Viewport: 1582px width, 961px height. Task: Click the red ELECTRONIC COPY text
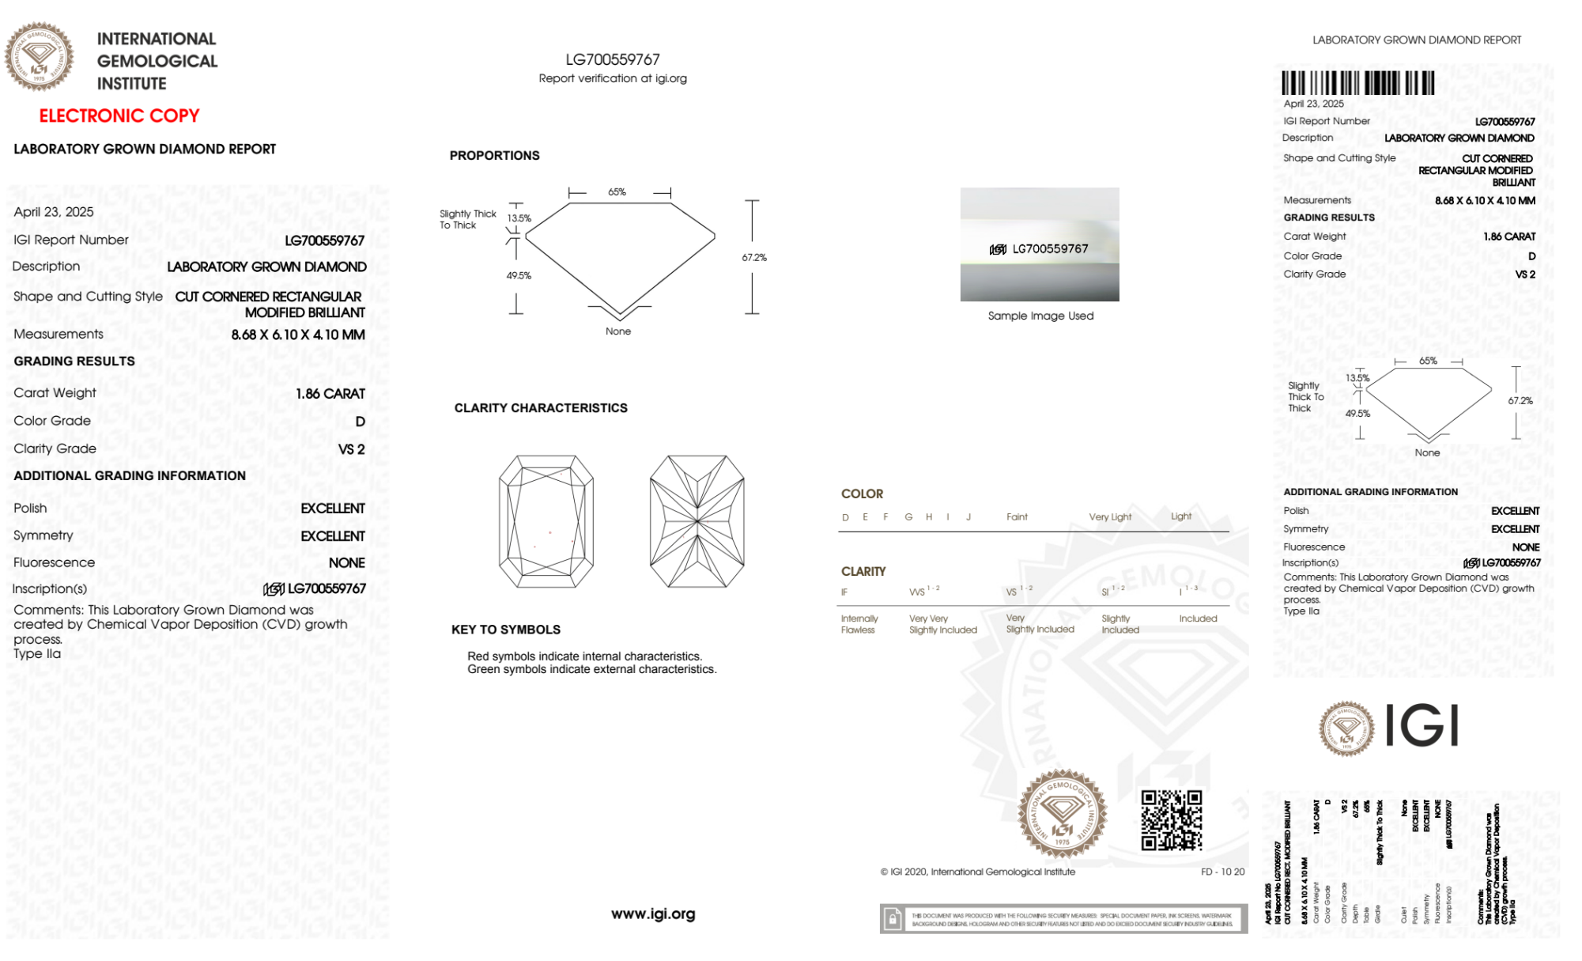119,116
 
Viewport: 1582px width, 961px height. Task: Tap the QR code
1171,820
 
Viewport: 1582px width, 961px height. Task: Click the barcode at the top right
1357,83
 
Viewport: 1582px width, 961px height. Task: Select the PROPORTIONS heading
494,156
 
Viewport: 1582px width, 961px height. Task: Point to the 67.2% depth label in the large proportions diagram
754,258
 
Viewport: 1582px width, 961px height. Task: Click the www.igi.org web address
653,914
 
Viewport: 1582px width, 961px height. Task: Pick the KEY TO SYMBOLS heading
506,630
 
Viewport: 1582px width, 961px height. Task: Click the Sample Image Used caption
1040,316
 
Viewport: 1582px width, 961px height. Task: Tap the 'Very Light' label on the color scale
1110,517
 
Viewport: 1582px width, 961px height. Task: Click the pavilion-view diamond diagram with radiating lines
697,521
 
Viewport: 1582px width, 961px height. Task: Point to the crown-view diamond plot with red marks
546,521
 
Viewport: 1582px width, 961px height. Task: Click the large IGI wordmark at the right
1422,726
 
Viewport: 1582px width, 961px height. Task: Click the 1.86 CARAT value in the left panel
330,394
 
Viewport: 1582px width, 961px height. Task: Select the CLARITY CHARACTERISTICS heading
541,408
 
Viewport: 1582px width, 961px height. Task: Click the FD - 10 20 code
1222,872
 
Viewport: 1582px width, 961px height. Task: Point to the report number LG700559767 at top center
613,60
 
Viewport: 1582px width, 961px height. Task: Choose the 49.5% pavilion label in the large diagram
519,276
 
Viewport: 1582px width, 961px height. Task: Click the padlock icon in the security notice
893,919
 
